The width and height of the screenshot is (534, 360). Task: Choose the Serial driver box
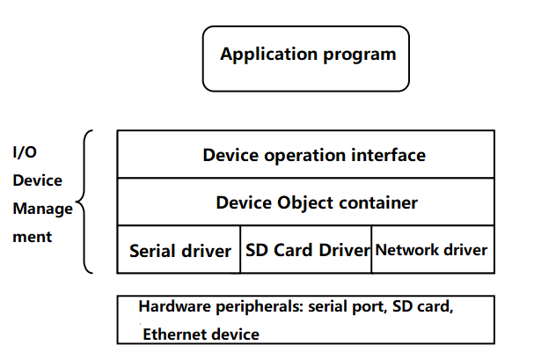click(x=179, y=250)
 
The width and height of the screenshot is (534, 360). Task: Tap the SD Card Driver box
click(x=307, y=250)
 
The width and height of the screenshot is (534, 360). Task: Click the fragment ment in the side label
click(x=32, y=237)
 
